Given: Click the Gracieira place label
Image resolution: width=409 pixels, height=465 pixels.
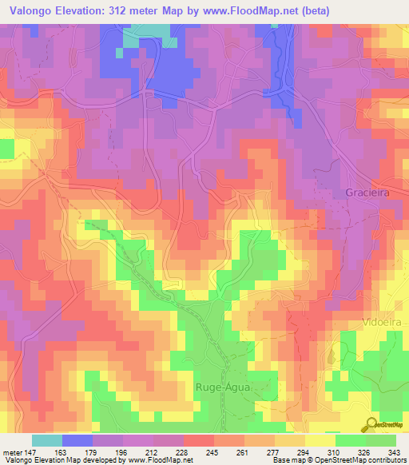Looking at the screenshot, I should (368, 193).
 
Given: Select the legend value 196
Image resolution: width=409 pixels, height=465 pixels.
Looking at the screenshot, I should (107, 451).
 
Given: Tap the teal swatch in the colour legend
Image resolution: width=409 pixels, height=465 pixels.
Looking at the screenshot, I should (47, 440).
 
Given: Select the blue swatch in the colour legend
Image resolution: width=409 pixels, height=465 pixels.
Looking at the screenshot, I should (77, 440).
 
